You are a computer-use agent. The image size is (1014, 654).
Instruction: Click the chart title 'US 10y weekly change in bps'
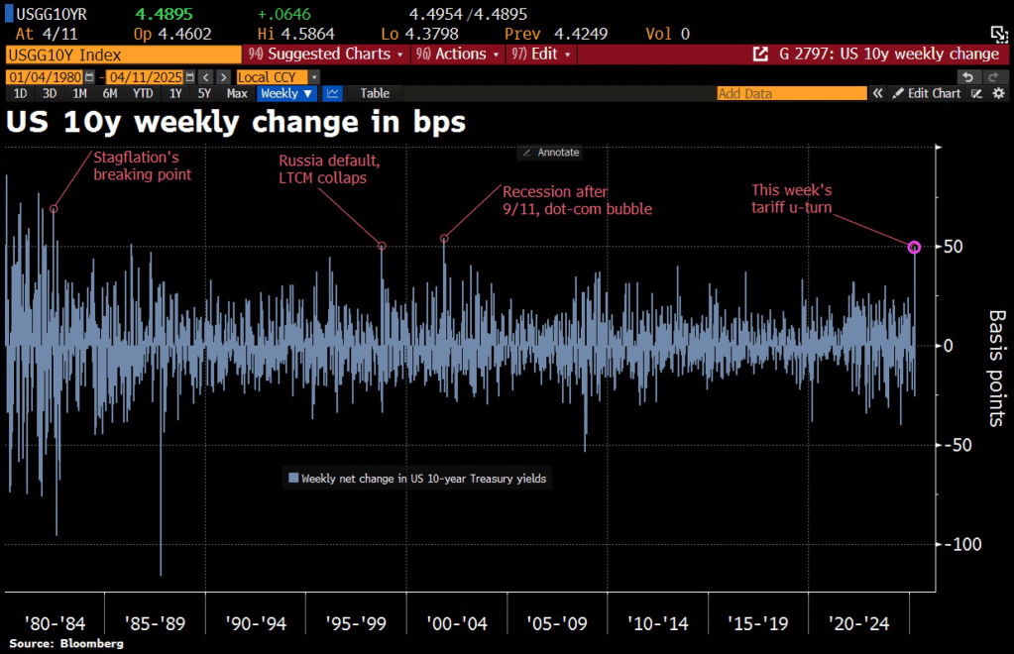click(x=236, y=123)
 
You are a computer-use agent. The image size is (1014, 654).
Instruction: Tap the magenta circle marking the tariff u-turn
click(x=914, y=247)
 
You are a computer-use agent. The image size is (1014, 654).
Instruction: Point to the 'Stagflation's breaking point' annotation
click(x=142, y=165)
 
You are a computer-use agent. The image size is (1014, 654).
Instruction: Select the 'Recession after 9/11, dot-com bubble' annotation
click(x=577, y=200)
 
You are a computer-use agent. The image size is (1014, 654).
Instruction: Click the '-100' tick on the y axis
click(x=960, y=544)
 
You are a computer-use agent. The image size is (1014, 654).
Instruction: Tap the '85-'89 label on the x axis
click(x=155, y=623)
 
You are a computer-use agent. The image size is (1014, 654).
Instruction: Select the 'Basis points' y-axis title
click(x=995, y=368)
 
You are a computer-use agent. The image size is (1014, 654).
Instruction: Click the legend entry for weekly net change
click(x=417, y=479)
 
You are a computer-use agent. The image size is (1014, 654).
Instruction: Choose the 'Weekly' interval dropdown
click(x=286, y=93)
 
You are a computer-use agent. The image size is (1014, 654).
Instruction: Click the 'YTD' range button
click(x=143, y=93)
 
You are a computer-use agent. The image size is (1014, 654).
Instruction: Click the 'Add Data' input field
click(x=791, y=93)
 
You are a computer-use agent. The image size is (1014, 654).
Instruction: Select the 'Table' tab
click(x=375, y=93)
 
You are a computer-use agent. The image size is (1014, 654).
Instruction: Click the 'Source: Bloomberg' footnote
click(x=66, y=644)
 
